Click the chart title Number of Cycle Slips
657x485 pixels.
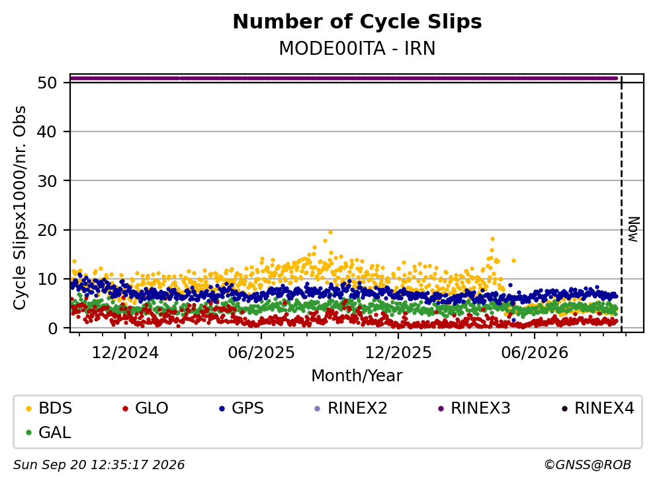(x=357, y=22)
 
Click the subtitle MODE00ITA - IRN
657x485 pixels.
(x=357, y=48)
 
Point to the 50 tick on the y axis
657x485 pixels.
(x=47, y=83)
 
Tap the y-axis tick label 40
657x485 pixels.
(x=47, y=131)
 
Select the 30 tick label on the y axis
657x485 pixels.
(x=47, y=181)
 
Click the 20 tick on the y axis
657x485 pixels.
(x=47, y=230)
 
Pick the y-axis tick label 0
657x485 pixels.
(x=52, y=328)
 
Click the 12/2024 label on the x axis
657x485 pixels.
(x=125, y=353)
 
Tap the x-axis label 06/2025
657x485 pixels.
(x=261, y=353)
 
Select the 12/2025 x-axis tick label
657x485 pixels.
(x=398, y=353)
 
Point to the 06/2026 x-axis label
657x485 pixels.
(x=535, y=353)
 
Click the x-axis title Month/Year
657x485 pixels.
(x=357, y=376)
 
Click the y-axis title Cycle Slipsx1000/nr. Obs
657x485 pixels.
(x=20, y=208)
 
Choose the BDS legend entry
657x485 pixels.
(x=49, y=408)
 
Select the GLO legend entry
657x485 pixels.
(x=146, y=408)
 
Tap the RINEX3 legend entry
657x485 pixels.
(x=474, y=408)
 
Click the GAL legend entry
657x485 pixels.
(x=48, y=432)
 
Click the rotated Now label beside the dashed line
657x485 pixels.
(x=634, y=229)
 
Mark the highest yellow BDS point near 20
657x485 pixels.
(x=331, y=232)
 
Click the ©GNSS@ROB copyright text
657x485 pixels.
(x=588, y=465)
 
